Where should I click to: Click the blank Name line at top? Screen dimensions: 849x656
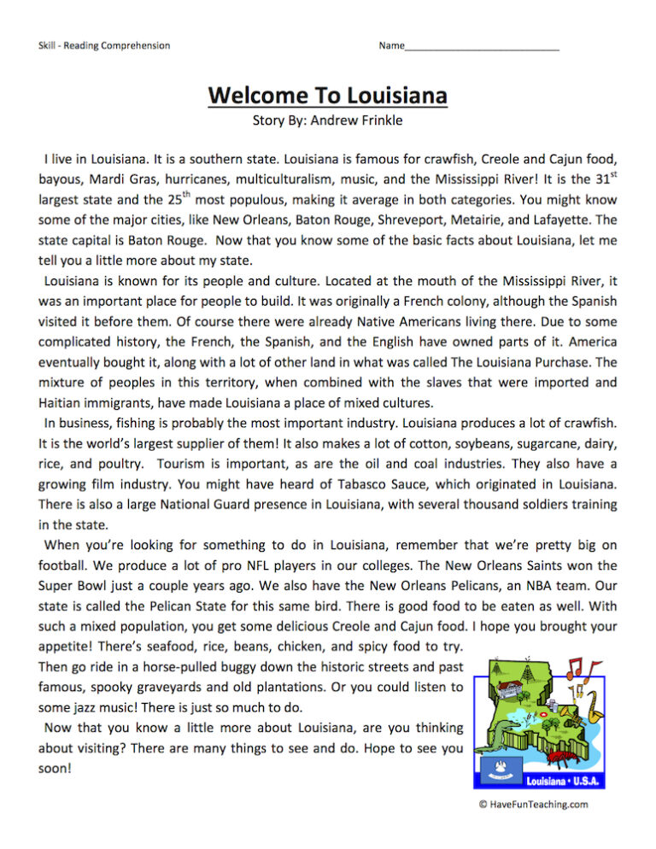482,45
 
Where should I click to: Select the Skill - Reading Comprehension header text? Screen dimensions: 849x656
103,45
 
